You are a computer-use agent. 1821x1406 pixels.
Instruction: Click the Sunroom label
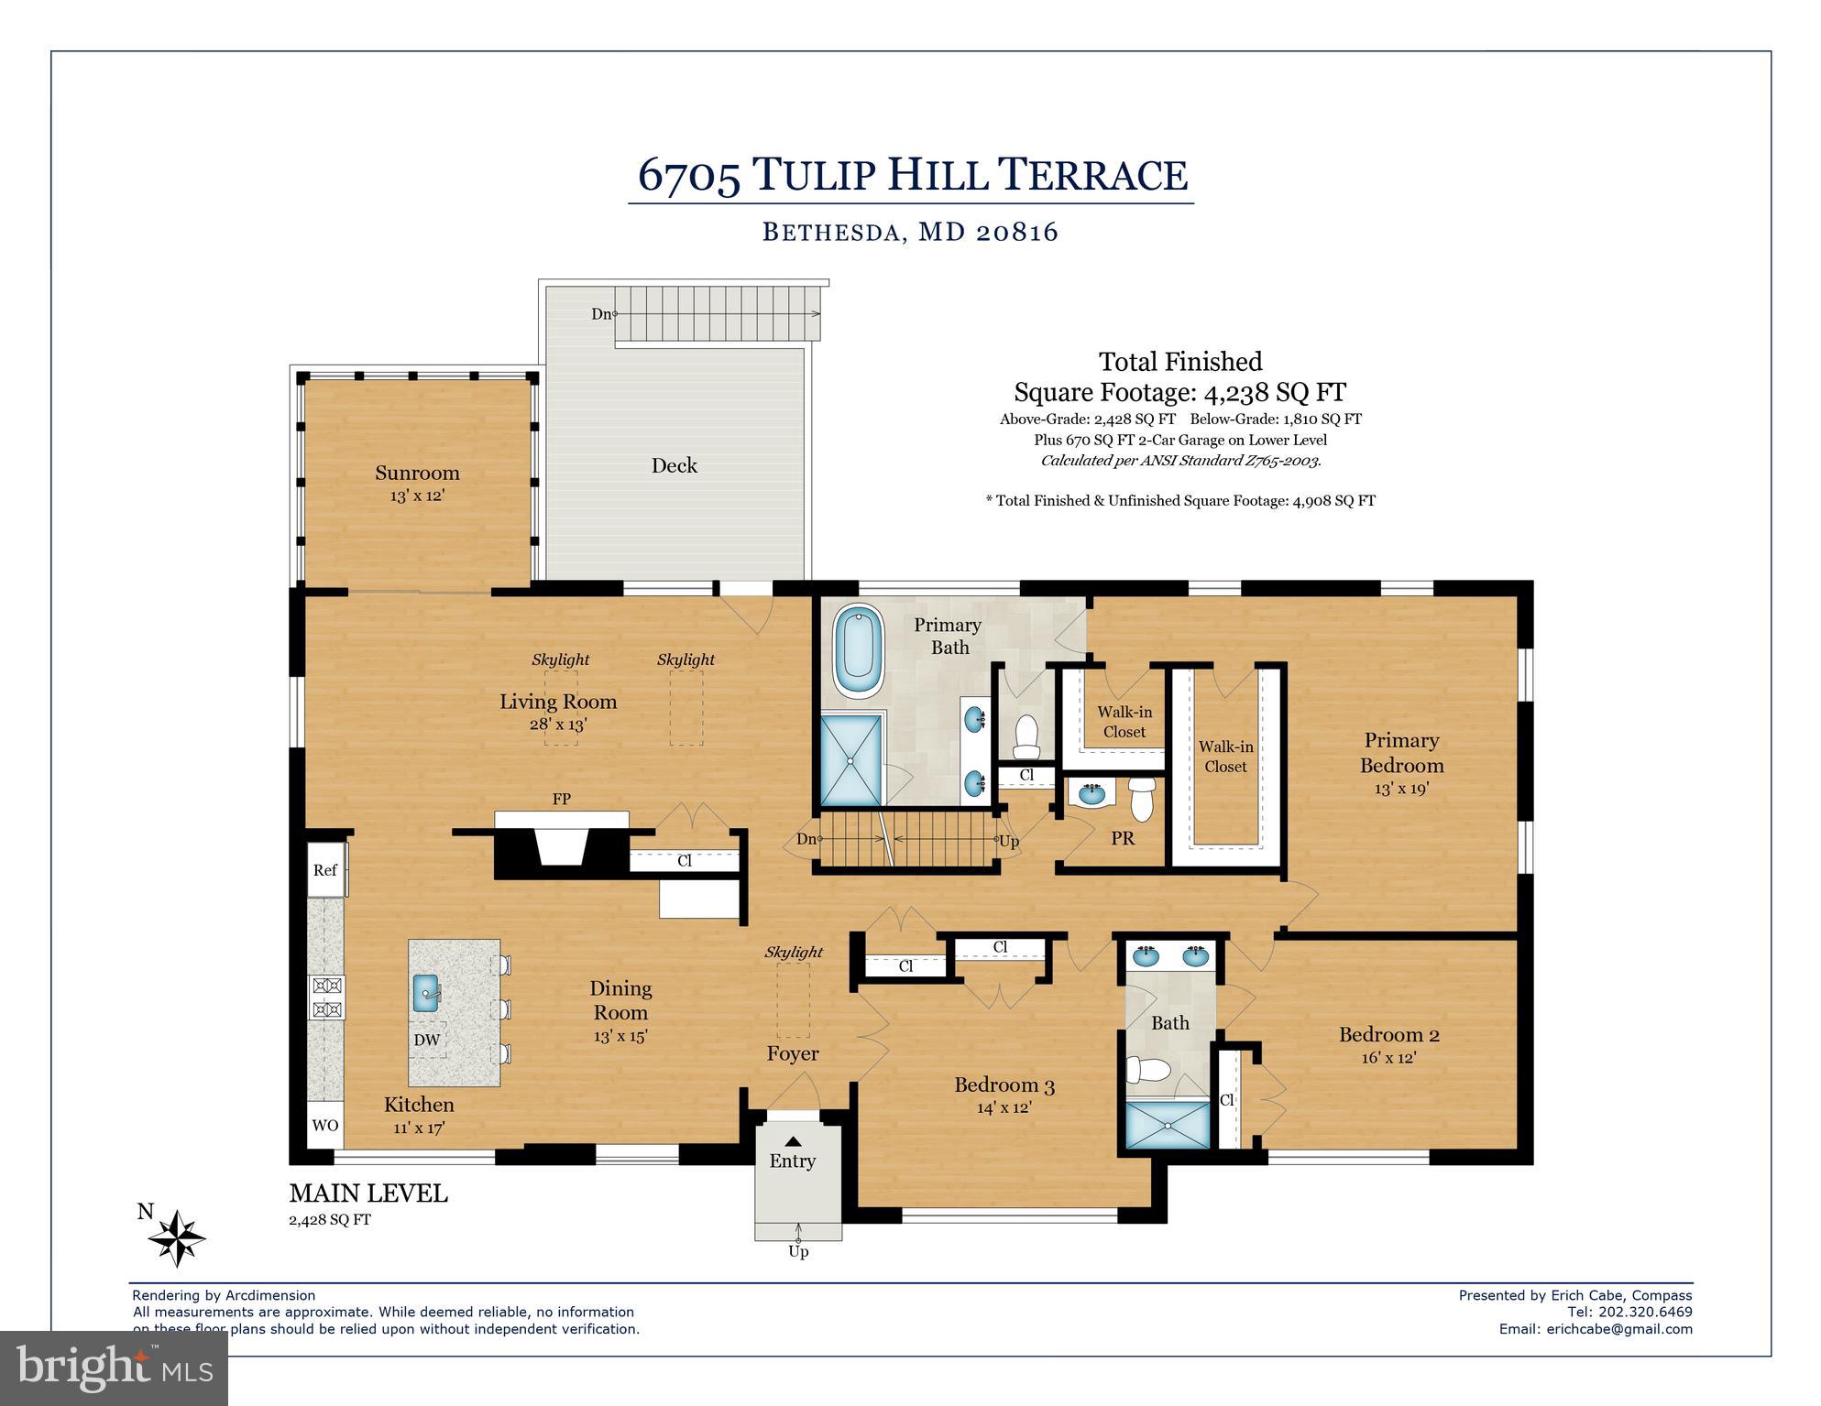[x=417, y=473]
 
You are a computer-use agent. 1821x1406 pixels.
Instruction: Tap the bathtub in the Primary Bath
[x=858, y=655]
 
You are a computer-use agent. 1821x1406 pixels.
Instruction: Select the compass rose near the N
[x=178, y=1238]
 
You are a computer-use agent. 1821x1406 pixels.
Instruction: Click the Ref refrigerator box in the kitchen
[x=325, y=870]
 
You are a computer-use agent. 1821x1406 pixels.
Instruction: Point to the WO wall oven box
[x=325, y=1126]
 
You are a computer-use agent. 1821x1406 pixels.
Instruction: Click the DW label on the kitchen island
[x=427, y=1040]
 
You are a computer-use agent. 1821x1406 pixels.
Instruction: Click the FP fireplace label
[x=562, y=799]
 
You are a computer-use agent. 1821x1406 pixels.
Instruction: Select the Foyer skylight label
[x=794, y=953]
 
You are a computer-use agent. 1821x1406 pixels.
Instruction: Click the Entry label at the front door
[x=792, y=1161]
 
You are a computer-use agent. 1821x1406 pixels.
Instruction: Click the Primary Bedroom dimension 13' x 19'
[x=1401, y=788]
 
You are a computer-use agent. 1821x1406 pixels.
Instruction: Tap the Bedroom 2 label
[x=1388, y=1035]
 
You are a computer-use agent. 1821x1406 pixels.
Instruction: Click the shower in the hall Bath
[x=1168, y=1125]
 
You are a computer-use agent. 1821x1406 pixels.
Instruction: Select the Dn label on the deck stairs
[x=601, y=314]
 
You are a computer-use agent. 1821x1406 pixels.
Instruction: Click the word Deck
[x=675, y=465]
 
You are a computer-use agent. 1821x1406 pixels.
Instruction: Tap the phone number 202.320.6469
[x=1645, y=1312]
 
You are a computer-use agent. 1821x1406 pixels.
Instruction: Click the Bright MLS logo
[x=114, y=1368]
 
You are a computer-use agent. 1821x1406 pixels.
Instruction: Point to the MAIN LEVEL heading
[x=368, y=1193]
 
